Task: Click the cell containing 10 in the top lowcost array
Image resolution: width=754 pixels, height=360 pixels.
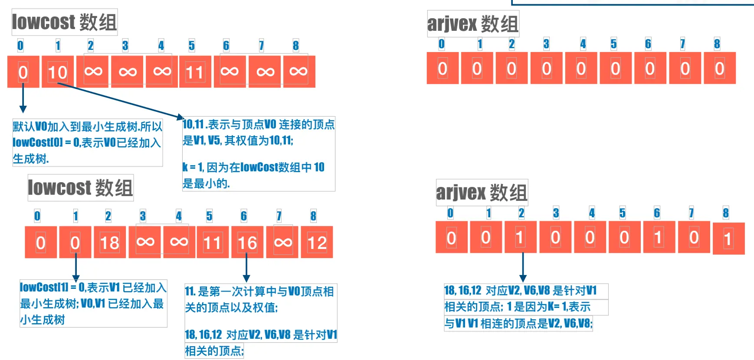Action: coord(58,72)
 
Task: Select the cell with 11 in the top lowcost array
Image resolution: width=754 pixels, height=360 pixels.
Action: coord(195,72)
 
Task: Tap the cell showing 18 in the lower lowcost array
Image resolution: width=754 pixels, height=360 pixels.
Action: coord(110,242)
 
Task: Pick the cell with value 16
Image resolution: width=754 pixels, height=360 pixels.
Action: coord(247,242)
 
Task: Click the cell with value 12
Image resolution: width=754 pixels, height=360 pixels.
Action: coord(317,242)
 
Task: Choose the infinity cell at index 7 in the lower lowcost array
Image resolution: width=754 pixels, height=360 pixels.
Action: coord(282,242)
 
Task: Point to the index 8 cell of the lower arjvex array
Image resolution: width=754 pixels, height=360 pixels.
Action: coord(728,239)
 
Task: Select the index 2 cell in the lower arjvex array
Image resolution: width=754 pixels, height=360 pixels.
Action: coord(520,237)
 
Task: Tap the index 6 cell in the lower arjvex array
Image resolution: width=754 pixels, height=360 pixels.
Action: coord(659,237)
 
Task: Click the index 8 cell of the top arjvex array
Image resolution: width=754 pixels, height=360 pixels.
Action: coord(719,68)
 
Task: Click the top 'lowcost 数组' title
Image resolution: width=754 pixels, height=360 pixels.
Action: coord(64,22)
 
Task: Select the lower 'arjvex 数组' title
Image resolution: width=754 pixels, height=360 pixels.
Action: coord(482,192)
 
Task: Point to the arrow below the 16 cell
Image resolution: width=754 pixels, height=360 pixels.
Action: coord(246,267)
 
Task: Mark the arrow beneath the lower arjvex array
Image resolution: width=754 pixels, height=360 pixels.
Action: coord(523,267)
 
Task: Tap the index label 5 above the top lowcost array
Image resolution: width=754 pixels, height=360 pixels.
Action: coord(191,46)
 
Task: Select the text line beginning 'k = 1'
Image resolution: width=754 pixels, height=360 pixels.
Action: coord(253,167)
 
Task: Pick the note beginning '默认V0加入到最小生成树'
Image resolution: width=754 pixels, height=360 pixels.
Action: coord(87,142)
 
